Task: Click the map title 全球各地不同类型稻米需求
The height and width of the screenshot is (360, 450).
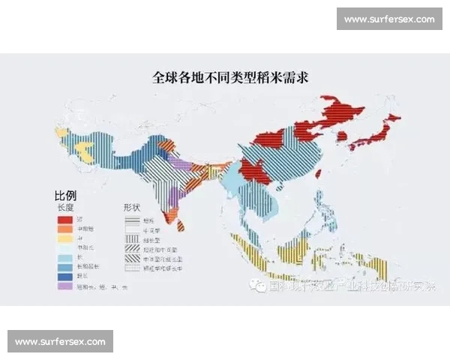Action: [225, 76]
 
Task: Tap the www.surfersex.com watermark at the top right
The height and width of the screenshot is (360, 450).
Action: [389, 19]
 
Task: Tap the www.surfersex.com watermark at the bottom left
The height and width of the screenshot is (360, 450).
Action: [60, 341]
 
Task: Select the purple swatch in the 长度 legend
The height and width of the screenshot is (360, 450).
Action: [66, 286]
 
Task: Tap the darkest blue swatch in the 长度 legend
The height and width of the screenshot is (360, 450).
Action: [66, 275]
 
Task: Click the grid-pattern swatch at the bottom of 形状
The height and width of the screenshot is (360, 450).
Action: [133, 266]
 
